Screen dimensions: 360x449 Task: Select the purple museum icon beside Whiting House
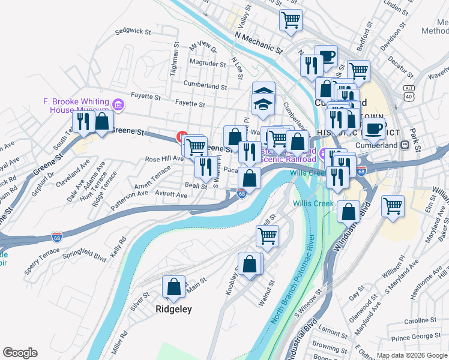point(118,106)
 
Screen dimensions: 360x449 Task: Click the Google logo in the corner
point(20,353)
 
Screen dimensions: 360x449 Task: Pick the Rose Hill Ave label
point(164,159)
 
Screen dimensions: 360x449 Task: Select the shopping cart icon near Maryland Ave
point(393,206)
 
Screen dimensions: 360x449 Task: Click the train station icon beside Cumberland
point(405,145)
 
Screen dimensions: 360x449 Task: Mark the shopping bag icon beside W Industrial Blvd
point(349,211)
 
